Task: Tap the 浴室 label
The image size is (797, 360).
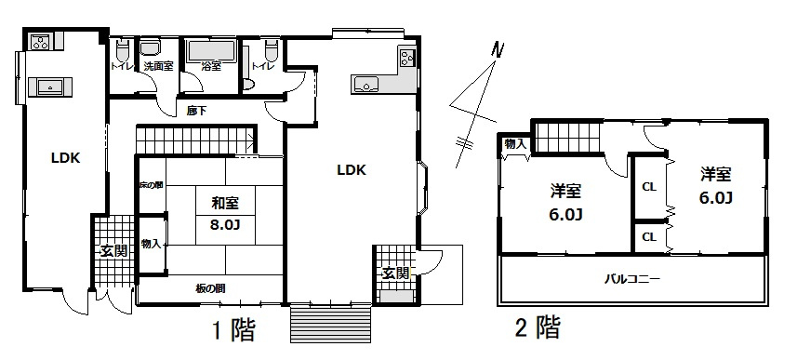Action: click(211, 67)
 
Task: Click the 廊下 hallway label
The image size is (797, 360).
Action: click(195, 112)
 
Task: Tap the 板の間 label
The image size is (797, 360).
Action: click(210, 288)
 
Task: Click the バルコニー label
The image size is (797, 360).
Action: click(632, 278)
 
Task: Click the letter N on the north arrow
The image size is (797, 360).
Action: click(498, 49)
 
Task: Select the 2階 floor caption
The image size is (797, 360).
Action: click(537, 327)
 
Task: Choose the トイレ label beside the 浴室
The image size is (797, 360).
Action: click(262, 67)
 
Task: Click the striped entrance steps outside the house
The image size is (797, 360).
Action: click(331, 326)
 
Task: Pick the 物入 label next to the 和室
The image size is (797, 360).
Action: click(152, 244)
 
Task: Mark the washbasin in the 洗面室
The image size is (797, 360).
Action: click(152, 47)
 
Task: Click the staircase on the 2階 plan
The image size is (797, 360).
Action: click(566, 138)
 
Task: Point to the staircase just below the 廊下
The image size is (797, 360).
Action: click(194, 140)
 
